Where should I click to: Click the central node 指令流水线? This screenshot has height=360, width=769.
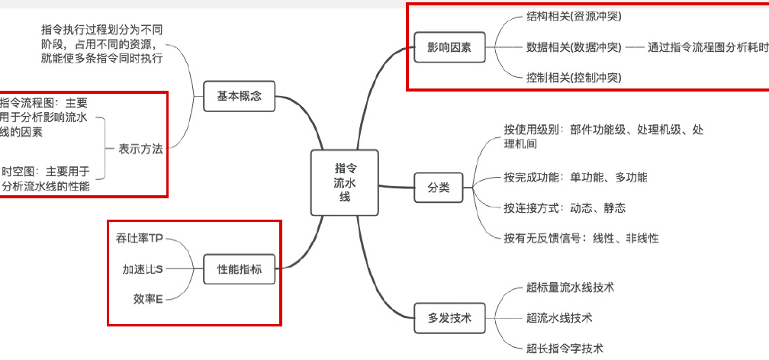click(x=345, y=182)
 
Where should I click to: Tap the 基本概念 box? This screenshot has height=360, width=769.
click(x=239, y=95)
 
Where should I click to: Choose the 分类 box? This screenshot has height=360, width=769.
click(x=438, y=187)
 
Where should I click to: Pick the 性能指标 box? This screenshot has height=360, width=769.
click(x=240, y=269)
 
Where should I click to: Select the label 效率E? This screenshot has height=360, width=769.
click(x=148, y=299)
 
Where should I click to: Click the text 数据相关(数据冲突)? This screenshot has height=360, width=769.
click(x=574, y=47)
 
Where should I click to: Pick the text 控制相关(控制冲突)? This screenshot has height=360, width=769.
click(x=574, y=78)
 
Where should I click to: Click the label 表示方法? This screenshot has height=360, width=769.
click(x=140, y=149)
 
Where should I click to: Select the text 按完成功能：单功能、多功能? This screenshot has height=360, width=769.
click(x=575, y=177)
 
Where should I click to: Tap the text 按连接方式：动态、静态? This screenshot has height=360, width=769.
click(x=565, y=207)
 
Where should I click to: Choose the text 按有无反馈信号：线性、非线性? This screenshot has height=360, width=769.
click(x=581, y=238)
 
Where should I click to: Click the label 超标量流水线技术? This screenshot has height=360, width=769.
click(x=570, y=288)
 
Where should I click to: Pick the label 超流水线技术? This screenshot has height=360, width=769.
click(x=559, y=317)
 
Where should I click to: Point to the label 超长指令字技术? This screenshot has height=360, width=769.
click(x=565, y=348)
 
